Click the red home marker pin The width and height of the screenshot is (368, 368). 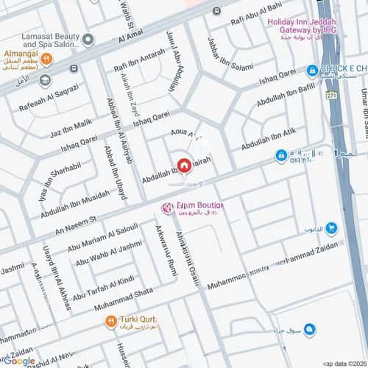pos(182,165)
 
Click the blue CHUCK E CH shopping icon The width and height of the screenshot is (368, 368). pos(312,70)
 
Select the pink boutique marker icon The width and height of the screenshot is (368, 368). pos(168,208)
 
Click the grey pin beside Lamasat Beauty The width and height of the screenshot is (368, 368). pos(88,39)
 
